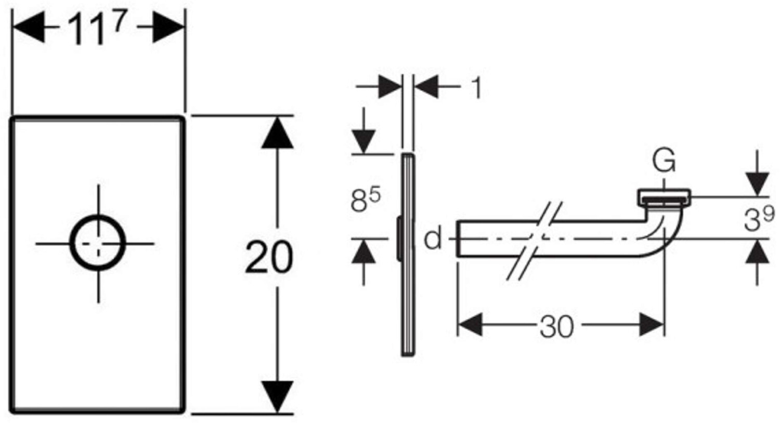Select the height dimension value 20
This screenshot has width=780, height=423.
point(269,257)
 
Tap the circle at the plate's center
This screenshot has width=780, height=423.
point(98,243)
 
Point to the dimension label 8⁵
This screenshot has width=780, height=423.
point(366,200)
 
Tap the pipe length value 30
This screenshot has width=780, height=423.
point(556,326)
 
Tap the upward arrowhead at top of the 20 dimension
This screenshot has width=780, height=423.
point(277,133)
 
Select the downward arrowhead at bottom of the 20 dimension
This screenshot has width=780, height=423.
point(277,397)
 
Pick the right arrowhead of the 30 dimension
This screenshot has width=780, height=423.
point(652,325)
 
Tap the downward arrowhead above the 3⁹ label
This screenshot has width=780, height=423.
point(757,184)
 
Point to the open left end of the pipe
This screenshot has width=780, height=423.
point(458,239)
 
